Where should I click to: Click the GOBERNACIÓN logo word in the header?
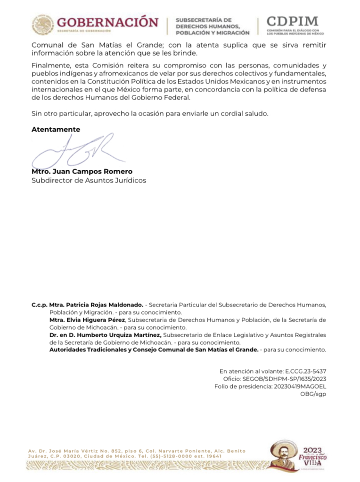108,22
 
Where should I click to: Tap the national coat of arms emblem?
43,25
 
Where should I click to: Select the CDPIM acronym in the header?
292,21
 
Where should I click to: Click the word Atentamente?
56,129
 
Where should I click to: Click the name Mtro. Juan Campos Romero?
82,171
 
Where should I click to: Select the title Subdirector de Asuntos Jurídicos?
89,180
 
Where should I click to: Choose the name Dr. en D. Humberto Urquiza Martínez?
106,334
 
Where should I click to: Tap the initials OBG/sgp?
313,394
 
